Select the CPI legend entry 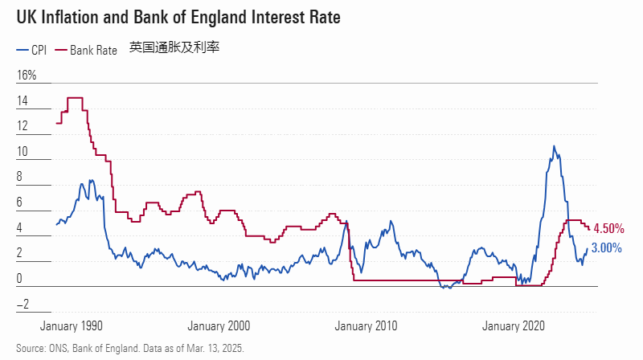click(x=31, y=50)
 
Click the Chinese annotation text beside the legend click(x=174, y=48)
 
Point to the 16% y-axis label click(x=27, y=76)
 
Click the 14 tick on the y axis click(x=23, y=101)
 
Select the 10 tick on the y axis click(x=23, y=152)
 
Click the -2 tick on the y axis click(x=23, y=304)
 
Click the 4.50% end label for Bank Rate click(x=608, y=229)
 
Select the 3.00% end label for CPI click(x=606, y=248)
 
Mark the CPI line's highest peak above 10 click(x=554, y=147)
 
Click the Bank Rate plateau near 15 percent click(x=75, y=97)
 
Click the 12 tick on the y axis click(x=23, y=127)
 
